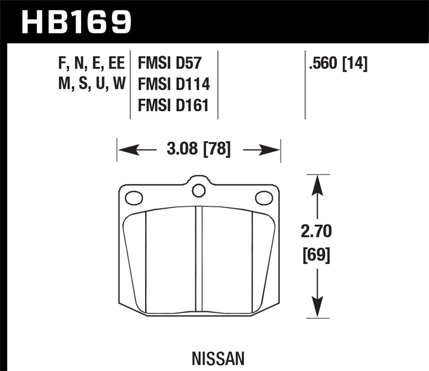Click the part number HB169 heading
[77, 22]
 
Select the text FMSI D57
[170, 63]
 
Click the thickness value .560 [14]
[338, 64]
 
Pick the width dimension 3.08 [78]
[198, 149]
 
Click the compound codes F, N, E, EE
[92, 63]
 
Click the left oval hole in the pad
[134, 198]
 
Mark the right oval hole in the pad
[263, 198]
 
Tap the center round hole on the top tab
[198, 190]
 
